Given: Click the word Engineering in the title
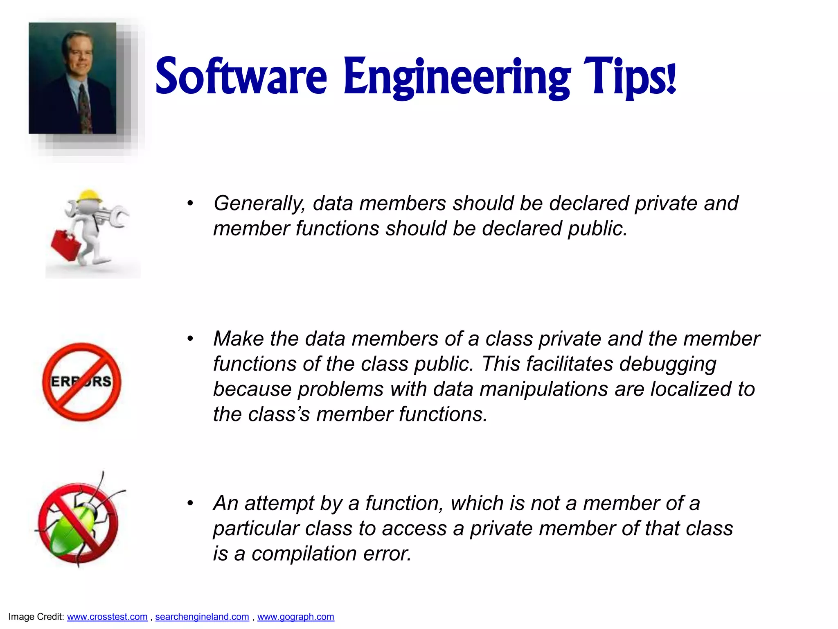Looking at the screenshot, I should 456,78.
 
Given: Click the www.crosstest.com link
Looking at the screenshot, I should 107,617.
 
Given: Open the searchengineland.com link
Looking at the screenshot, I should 202,617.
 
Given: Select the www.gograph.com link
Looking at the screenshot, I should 295,617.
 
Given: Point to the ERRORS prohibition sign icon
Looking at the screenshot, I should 82,382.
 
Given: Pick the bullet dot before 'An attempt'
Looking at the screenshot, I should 190,503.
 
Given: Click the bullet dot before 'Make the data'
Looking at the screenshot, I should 190,339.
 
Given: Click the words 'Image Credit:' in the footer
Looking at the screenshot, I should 36,617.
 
